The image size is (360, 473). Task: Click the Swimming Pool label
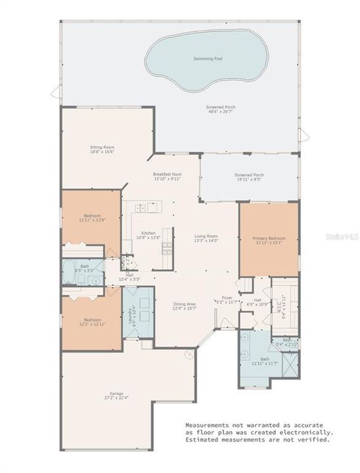208,58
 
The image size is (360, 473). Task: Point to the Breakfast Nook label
167,173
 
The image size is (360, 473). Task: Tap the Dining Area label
184,304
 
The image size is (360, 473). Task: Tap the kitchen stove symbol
167,247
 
